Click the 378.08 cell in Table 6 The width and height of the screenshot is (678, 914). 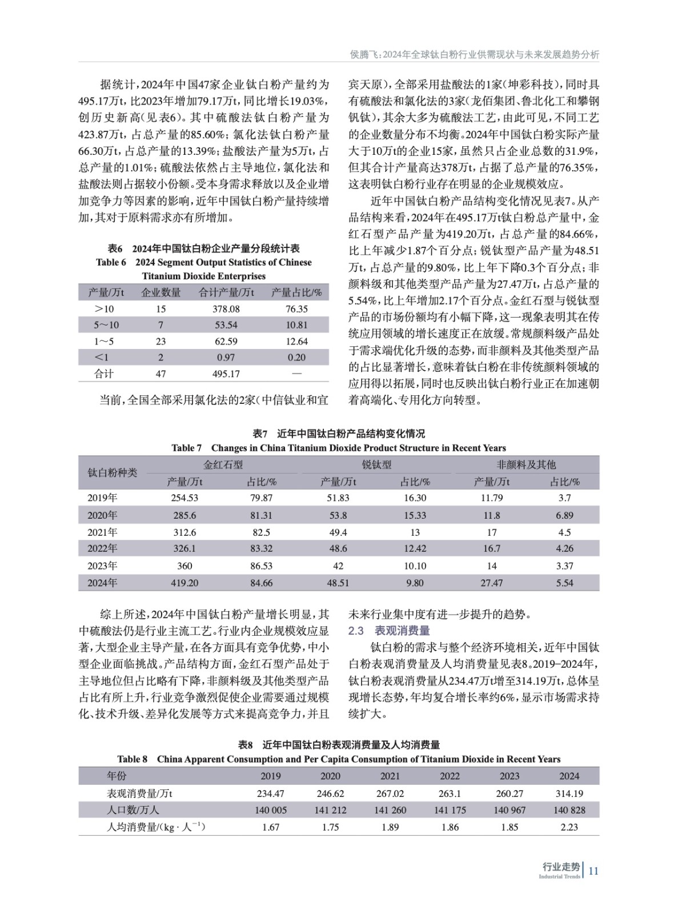[226, 308]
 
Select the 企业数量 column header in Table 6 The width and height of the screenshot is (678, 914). [161, 292]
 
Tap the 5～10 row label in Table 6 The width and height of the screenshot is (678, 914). [106, 325]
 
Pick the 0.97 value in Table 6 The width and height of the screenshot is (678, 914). [226, 358]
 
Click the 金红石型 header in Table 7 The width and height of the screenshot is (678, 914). [223, 464]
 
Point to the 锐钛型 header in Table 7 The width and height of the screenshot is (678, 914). [376, 464]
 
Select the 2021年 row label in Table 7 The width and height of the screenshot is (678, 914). [102, 532]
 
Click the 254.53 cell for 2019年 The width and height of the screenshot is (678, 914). [184, 498]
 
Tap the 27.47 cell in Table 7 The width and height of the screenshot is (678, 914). [491, 583]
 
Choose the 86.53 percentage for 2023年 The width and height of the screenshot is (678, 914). [261, 566]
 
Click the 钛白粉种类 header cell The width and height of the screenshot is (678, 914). [112, 472]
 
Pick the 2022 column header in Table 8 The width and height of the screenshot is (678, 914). [450, 776]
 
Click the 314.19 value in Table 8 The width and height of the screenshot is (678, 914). [569, 793]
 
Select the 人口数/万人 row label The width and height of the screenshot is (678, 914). [133, 810]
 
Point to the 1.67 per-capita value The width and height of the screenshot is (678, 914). [270, 827]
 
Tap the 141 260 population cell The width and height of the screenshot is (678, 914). [390, 810]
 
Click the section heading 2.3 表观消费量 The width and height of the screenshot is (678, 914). [389, 631]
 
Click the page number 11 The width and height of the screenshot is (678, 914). [593, 871]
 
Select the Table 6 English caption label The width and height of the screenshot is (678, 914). [203, 269]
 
